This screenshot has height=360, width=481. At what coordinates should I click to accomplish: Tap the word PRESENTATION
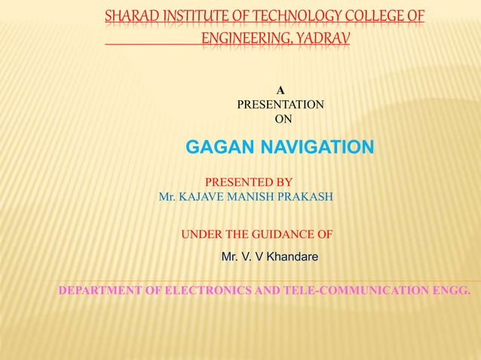281,105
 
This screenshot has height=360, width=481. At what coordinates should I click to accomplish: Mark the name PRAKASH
309,197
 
